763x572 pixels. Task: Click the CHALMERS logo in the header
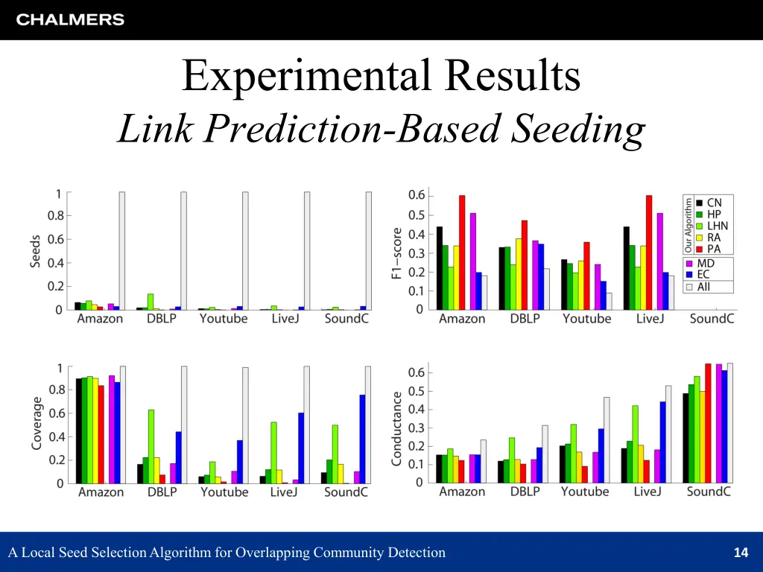click(70, 20)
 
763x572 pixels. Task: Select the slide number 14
click(740, 553)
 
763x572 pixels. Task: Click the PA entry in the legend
click(713, 250)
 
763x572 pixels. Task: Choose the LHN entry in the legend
click(717, 226)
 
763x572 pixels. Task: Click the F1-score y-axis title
click(397, 253)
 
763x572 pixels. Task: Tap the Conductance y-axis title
click(397, 429)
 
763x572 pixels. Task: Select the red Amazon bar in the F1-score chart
click(462, 252)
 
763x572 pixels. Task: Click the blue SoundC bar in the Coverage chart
click(362, 439)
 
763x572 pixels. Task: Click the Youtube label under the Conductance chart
click(585, 492)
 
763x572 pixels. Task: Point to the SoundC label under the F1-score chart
click(712, 319)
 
